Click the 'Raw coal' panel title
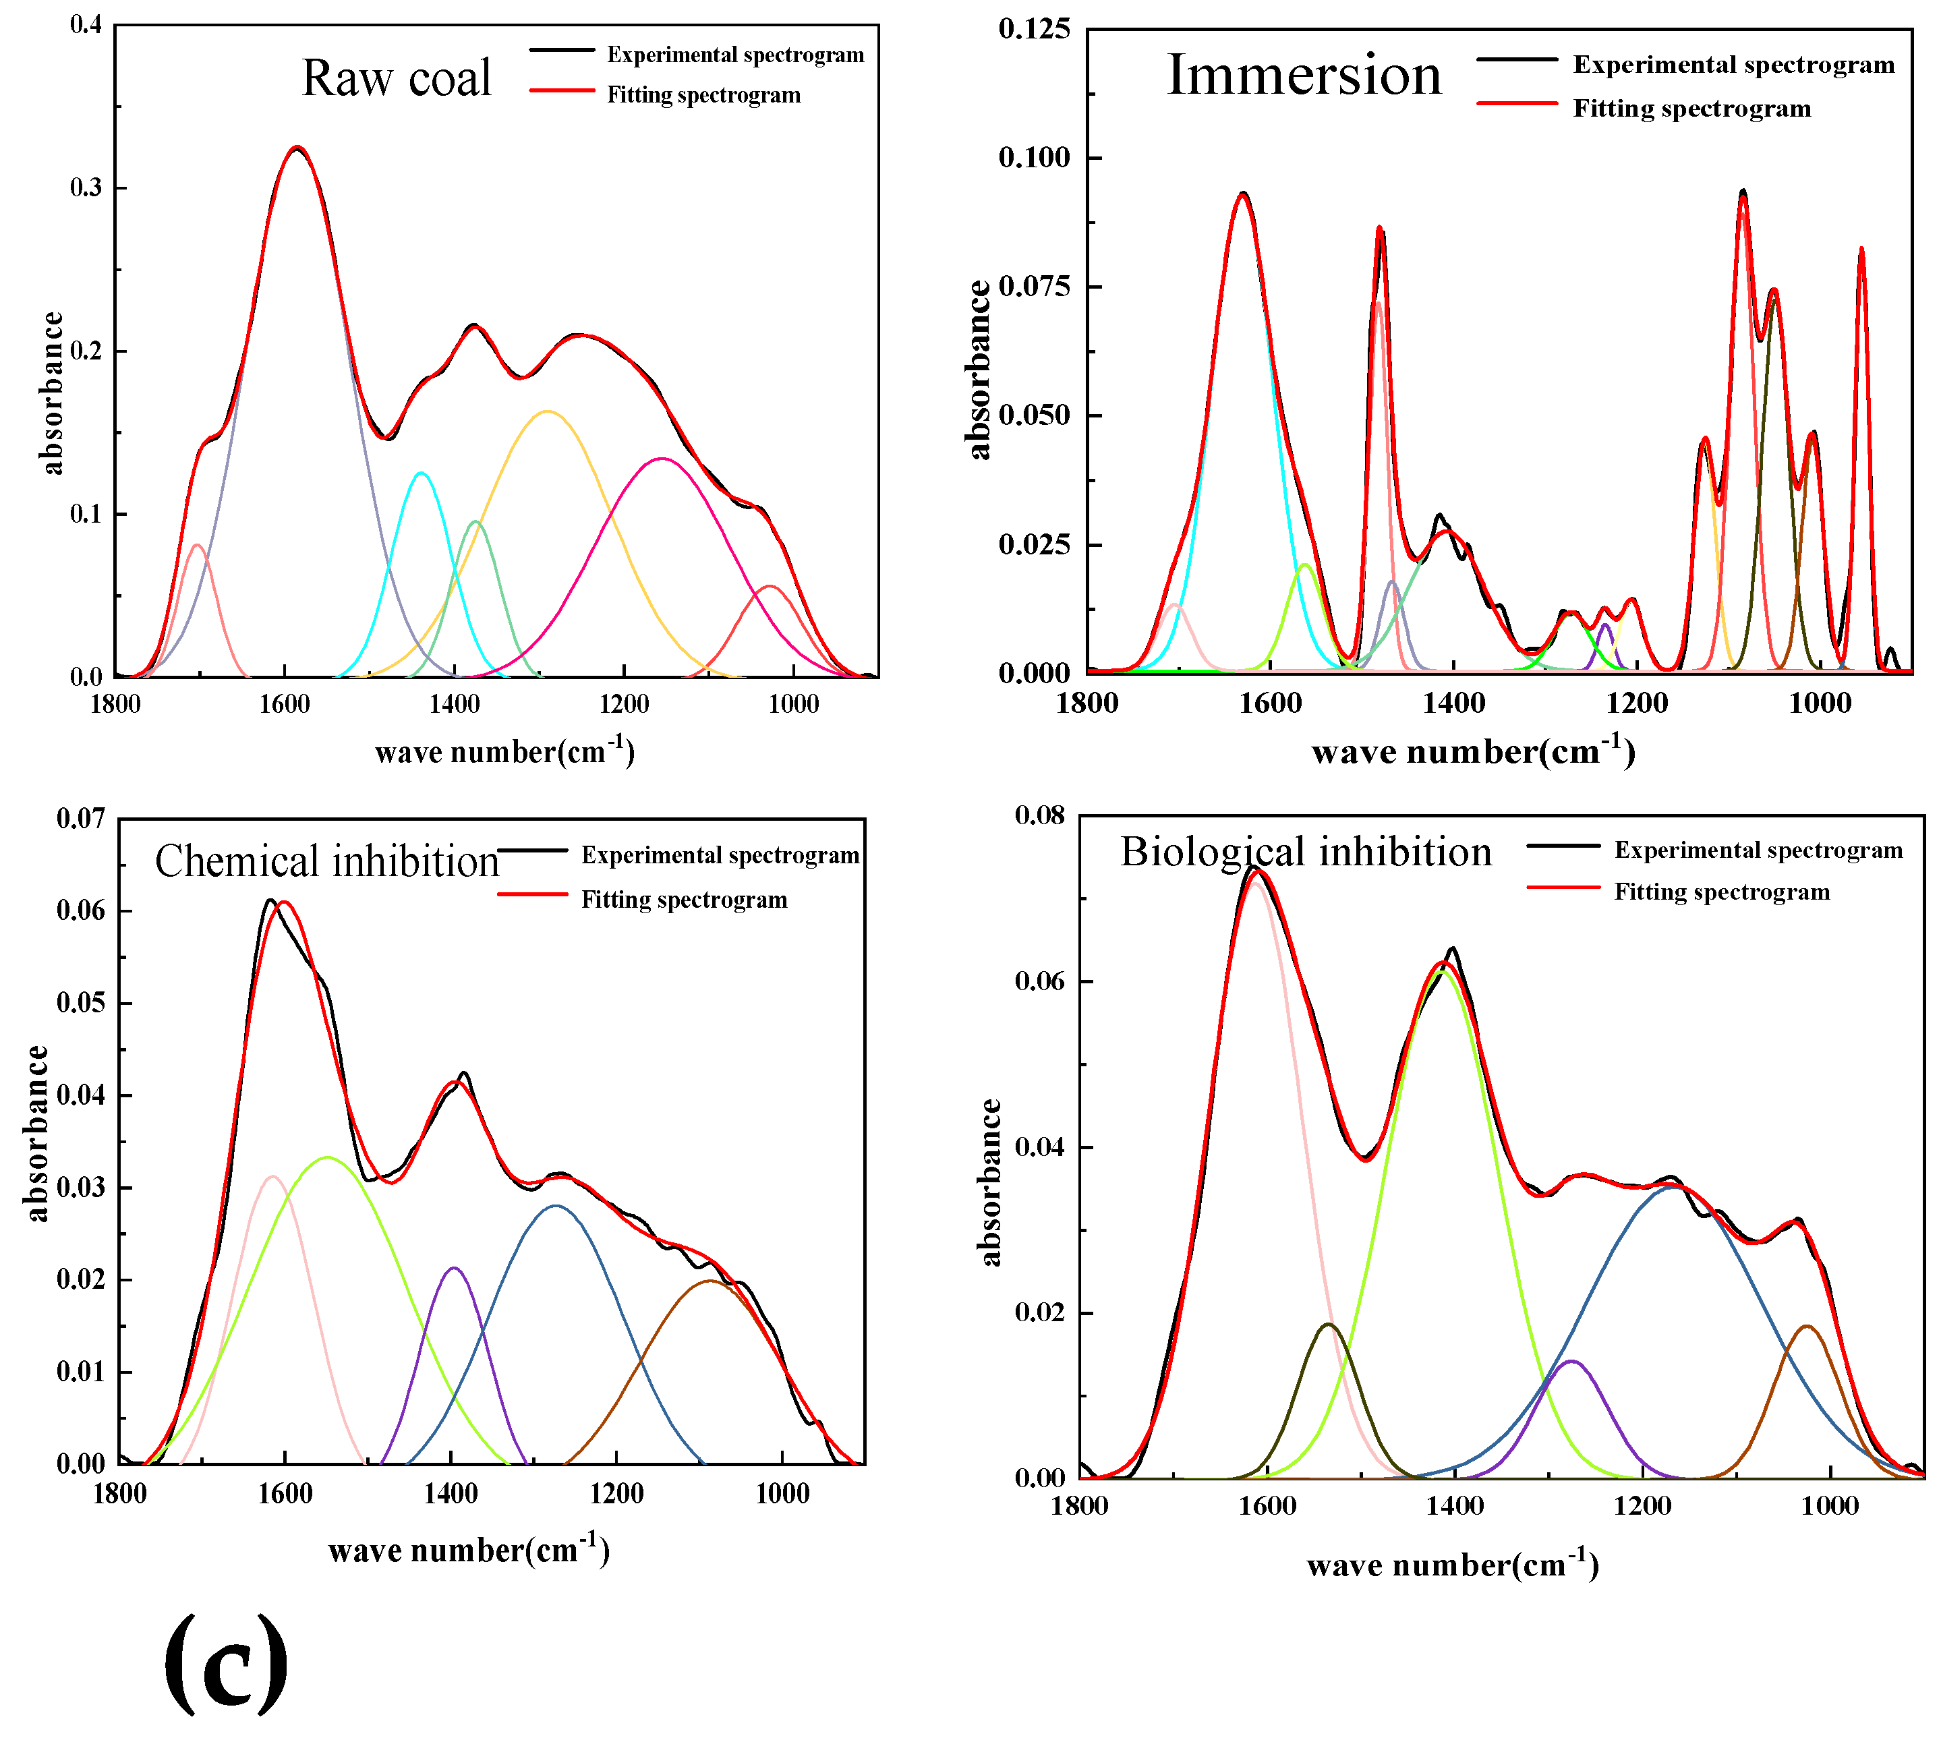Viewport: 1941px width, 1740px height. tap(396, 78)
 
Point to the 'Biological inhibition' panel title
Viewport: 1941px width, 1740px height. tap(1305, 852)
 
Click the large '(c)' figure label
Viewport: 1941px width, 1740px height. tap(226, 1664)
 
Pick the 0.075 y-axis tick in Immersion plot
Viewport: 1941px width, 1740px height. tap(1035, 286)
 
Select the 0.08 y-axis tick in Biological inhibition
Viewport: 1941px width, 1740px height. tap(1040, 815)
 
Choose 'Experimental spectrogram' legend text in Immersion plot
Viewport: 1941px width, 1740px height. tap(1733, 64)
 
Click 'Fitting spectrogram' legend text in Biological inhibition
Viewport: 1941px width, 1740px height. tap(1721, 892)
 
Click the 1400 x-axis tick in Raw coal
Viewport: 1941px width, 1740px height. tap(454, 705)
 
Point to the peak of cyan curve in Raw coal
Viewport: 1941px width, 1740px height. tap(421, 472)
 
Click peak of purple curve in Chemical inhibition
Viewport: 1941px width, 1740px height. tap(454, 1269)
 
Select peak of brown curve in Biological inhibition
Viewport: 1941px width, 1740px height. tap(1806, 1326)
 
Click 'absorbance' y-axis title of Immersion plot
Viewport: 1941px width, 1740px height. tap(978, 370)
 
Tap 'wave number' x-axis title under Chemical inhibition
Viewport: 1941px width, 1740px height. tap(469, 1550)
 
